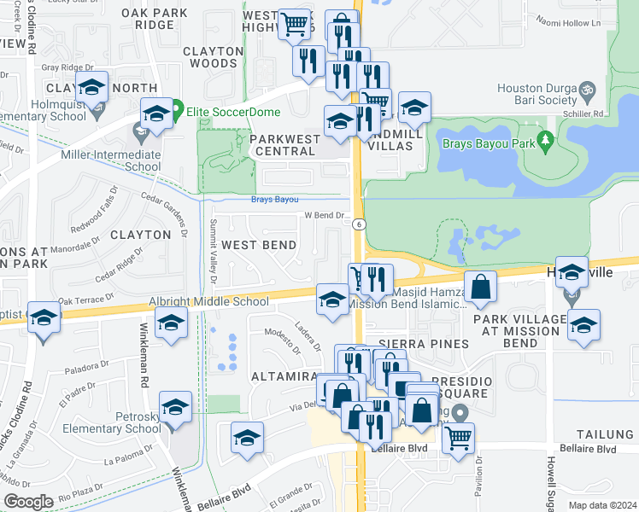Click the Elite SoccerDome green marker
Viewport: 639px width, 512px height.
(x=178, y=109)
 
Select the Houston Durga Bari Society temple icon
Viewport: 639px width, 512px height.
(x=586, y=89)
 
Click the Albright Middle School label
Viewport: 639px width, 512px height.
(x=208, y=301)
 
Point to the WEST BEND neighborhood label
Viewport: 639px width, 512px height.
(x=259, y=245)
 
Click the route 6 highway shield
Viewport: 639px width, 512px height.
(x=359, y=224)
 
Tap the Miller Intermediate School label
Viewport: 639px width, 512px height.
(x=111, y=160)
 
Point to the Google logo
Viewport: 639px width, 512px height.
(x=28, y=502)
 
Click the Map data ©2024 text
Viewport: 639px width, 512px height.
(x=601, y=505)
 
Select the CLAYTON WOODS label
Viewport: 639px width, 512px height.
(x=210, y=57)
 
